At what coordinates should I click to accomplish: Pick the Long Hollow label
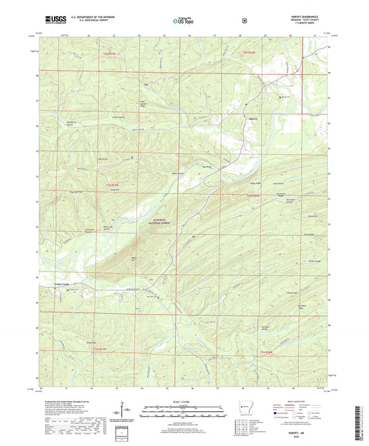point(278,183)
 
